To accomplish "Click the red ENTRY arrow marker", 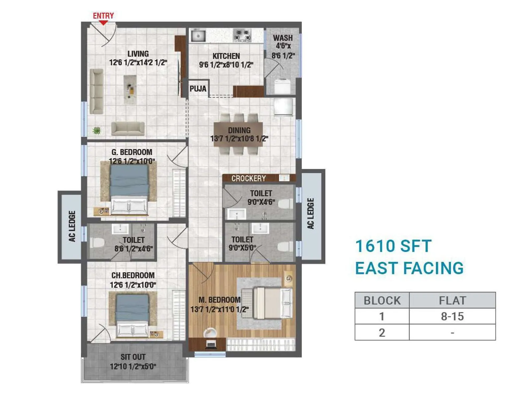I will (104, 23).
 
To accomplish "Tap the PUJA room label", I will (198, 89).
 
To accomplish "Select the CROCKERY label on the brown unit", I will (249, 178).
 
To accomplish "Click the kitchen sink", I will (198, 35).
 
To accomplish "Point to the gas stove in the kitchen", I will (242, 35).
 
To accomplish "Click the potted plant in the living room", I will (97, 131).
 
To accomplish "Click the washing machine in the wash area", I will (282, 86).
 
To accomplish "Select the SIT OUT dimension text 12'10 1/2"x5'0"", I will (133, 366).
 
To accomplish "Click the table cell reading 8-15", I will (452, 316).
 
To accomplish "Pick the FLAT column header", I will (452, 300).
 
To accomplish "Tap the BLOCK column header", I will (382, 300).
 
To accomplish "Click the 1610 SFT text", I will (393, 246).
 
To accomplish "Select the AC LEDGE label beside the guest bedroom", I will (72, 226).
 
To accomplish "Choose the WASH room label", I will (283, 38).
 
